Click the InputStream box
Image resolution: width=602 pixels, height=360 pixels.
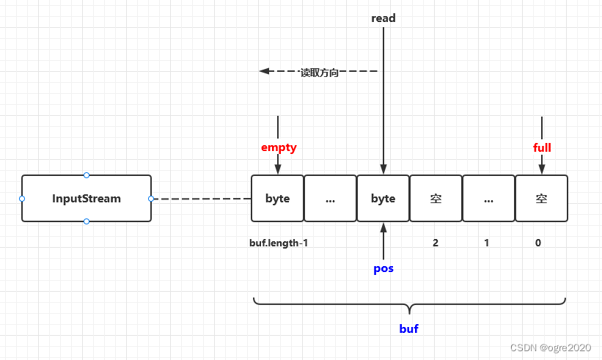(x=87, y=198)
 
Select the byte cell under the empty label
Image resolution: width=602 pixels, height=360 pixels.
(x=277, y=198)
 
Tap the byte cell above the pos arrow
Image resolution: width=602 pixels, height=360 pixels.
(x=383, y=198)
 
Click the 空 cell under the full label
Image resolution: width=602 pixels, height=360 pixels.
(x=541, y=198)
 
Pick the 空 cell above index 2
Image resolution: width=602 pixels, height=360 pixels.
(x=436, y=198)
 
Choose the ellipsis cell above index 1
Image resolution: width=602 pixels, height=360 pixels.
(x=488, y=198)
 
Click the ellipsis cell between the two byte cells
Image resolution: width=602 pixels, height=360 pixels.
(x=330, y=198)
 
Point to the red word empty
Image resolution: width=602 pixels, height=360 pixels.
(x=279, y=147)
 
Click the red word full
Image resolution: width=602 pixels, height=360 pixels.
(x=542, y=147)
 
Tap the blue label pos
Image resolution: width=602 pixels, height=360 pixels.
(x=383, y=268)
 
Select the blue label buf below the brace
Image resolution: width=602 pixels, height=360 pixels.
(x=408, y=328)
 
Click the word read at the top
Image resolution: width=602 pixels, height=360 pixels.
(x=383, y=18)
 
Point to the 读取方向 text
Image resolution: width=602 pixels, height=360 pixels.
(x=319, y=73)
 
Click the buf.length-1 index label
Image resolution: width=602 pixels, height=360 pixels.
(x=279, y=243)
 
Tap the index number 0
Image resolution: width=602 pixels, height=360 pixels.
(x=538, y=243)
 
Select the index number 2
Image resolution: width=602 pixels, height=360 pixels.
(x=436, y=243)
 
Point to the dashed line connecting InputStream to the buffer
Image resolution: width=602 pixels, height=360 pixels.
(x=201, y=199)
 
